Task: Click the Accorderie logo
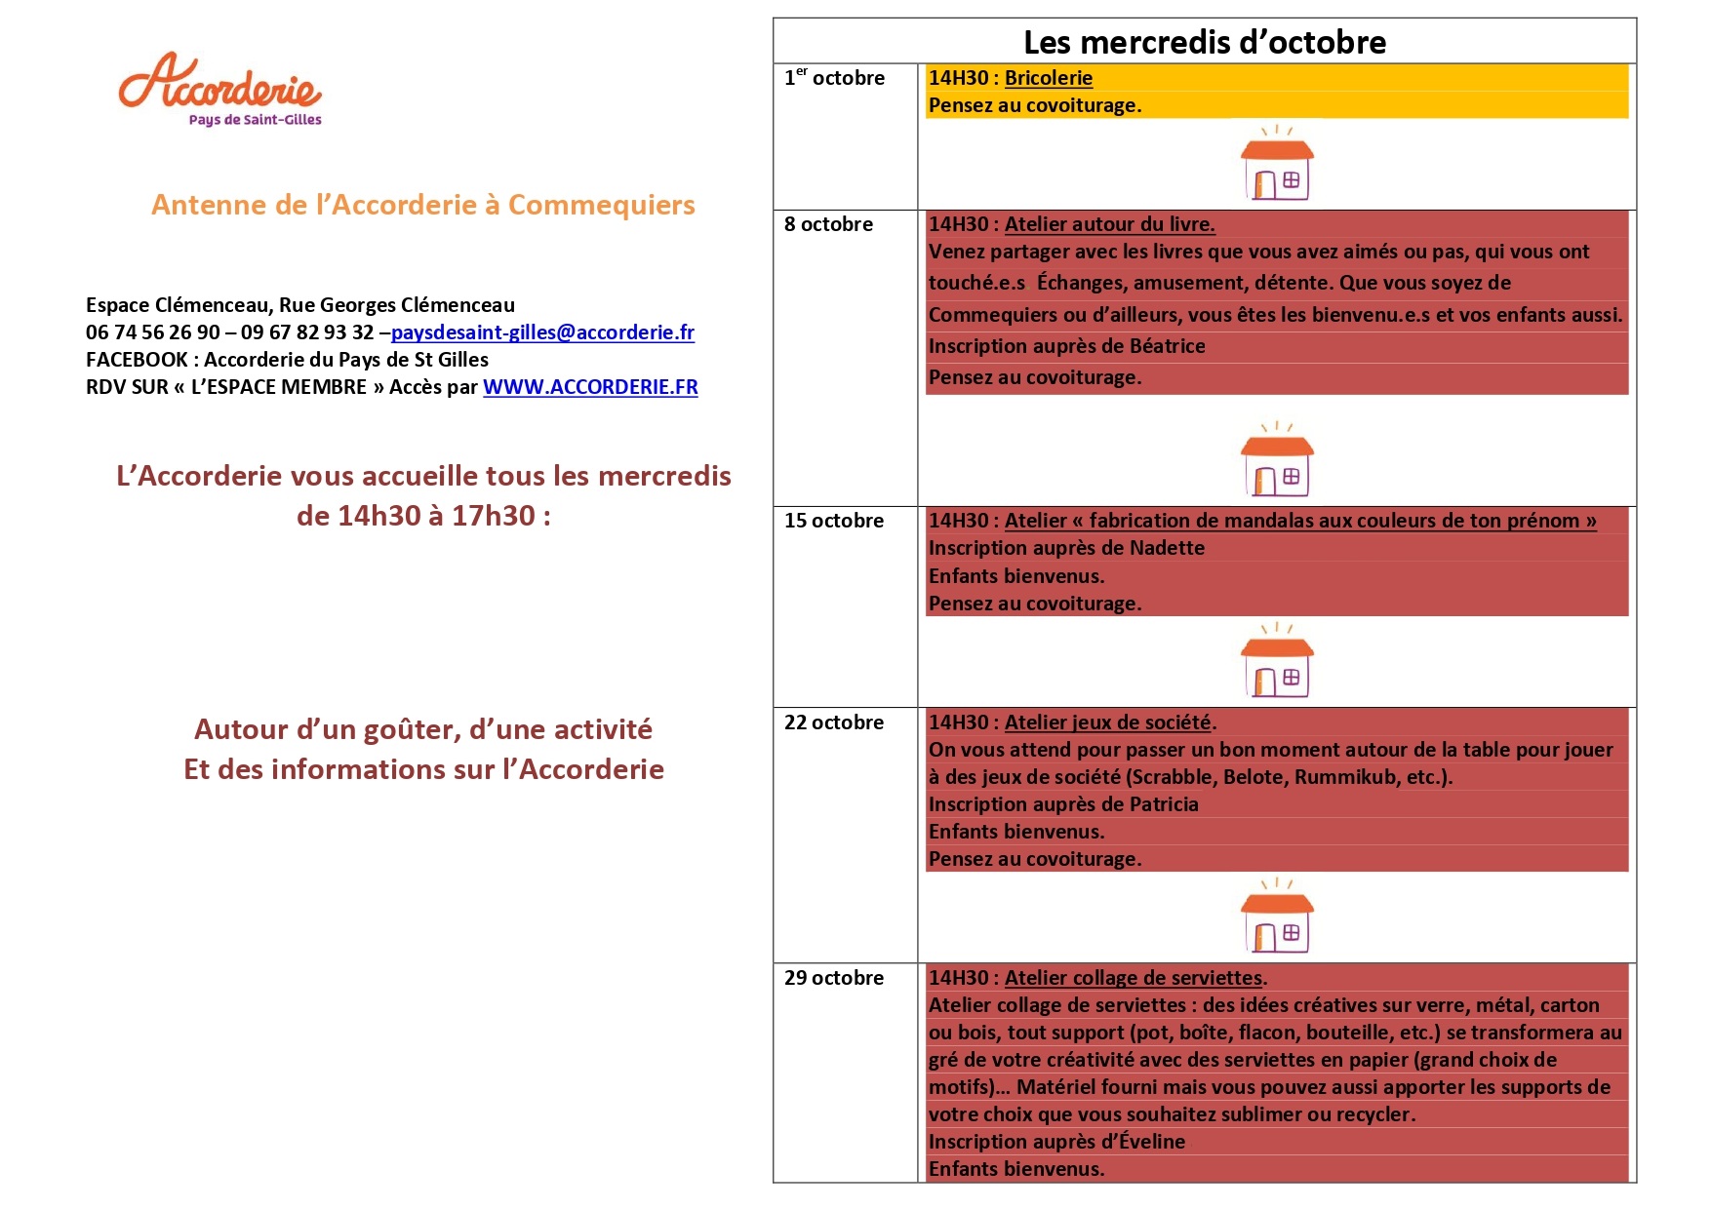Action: pos(220,88)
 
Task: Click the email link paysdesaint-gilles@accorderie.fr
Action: pos(542,332)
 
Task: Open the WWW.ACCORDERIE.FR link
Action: pos(590,387)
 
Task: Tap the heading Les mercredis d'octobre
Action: pos(1204,42)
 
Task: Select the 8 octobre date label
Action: pos(828,224)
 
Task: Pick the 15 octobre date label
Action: pos(834,521)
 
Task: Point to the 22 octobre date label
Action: pos(834,722)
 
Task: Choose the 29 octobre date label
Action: pos(834,978)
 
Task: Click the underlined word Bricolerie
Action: pos(1049,78)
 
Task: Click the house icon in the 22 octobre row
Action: pos(1277,917)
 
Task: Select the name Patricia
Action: pos(1164,804)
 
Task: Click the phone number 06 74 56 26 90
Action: pos(153,332)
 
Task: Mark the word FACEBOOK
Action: pos(137,360)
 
